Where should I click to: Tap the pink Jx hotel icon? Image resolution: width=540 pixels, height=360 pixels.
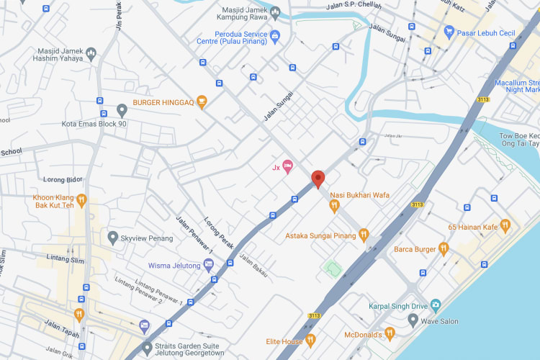coord(287,167)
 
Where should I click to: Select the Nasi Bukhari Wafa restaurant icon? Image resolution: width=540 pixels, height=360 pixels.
coord(334,207)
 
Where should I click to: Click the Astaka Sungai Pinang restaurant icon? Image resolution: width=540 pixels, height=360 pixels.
coord(364,235)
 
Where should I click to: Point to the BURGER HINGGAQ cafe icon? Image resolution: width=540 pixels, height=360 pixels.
coord(202,102)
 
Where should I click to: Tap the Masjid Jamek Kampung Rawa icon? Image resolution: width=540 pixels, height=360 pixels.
coord(275,12)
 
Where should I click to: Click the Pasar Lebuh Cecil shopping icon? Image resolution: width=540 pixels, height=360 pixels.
coord(449,32)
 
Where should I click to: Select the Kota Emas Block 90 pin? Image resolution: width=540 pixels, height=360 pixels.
coord(122,110)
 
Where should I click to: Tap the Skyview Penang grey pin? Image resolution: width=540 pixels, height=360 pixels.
coord(112,236)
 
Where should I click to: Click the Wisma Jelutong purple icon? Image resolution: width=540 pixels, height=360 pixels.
coord(209,265)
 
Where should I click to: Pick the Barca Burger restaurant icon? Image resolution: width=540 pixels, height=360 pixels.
coord(444,249)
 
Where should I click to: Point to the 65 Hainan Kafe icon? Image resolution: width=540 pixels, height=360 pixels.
coord(505,226)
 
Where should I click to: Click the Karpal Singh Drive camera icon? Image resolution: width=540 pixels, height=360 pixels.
coord(435,305)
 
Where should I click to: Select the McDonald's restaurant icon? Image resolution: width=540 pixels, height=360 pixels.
coord(390,333)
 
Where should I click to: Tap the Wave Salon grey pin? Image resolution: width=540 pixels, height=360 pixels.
coord(413,319)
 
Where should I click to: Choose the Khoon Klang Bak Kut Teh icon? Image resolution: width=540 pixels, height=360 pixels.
coord(82,200)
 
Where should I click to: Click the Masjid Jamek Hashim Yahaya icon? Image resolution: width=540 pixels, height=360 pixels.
coord(91,53)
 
